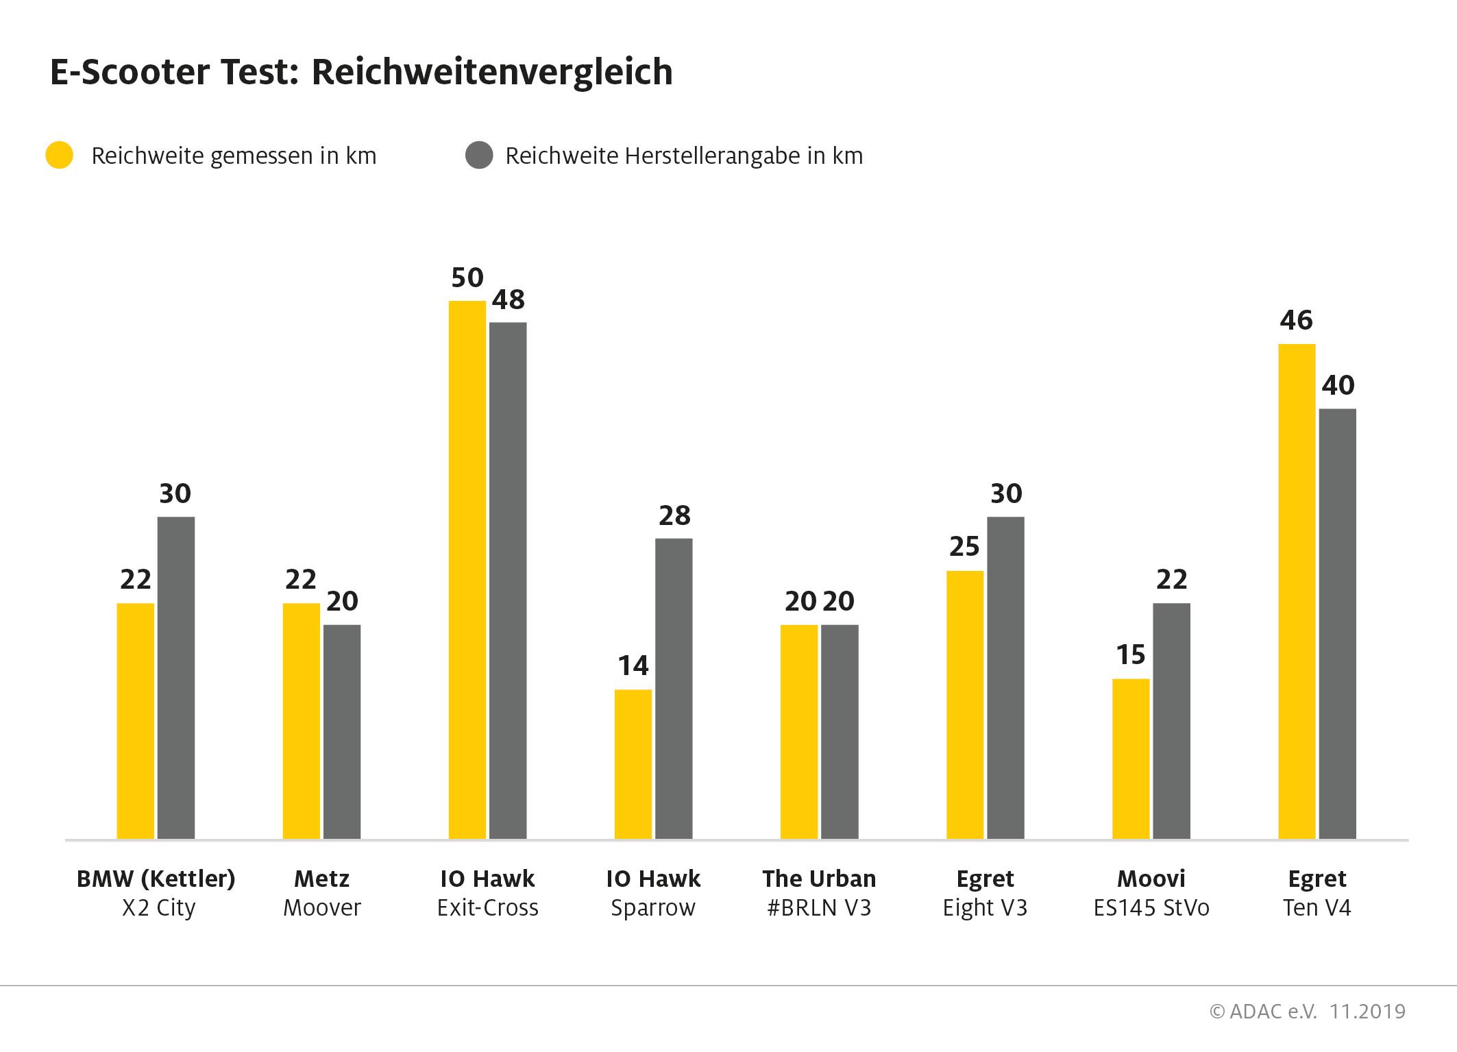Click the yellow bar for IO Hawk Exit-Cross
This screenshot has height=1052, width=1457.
(467, 569)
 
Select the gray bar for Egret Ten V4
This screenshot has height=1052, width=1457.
(1337, 624)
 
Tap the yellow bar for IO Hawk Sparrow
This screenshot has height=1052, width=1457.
(633, 764)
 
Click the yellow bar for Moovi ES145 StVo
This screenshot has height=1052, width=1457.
(1131, 759)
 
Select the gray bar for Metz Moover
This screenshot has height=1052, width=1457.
(342, 731)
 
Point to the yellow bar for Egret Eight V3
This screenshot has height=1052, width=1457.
(965, 705)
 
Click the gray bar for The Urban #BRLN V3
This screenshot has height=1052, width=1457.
(840, 731)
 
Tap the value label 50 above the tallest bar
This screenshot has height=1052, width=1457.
(467, 278)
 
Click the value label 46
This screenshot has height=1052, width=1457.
(1296, 320)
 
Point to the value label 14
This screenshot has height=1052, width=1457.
(633, 665)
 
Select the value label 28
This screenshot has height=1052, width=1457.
(674, 515)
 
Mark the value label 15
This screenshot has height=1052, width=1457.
(1131, 655)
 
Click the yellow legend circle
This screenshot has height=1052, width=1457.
(60, 156)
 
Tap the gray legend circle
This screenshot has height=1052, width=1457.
(479, 156)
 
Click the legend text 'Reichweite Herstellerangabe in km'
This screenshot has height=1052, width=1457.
(684, 156)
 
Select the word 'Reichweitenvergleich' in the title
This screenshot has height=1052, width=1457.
(492, 73)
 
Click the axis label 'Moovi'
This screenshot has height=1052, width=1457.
(1151, 879)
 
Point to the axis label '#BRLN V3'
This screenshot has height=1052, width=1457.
(819, 908)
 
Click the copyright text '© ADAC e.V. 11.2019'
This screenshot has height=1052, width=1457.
(1308, 1012)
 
